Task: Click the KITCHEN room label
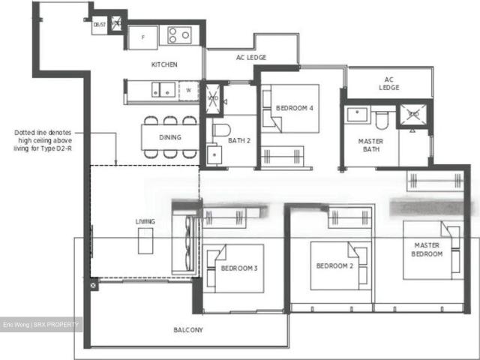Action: tap(164, 64)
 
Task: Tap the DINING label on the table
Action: tap(170, 138)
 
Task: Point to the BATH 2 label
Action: tap(238, 140)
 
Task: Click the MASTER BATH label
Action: tap(371, 144)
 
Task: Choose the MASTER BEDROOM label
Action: tap(426, 249)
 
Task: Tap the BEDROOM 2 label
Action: tap(334, 266)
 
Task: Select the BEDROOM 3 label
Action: tap(239, 268)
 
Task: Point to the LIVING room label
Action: tap(145, 221)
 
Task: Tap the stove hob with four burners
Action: tap(179, 34)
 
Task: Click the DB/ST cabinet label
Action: tap(99, 25)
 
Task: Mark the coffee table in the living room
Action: tap(145, 241)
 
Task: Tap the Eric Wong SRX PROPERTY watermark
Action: tap(41, 324)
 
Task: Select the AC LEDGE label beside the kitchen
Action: tap(250, 58)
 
